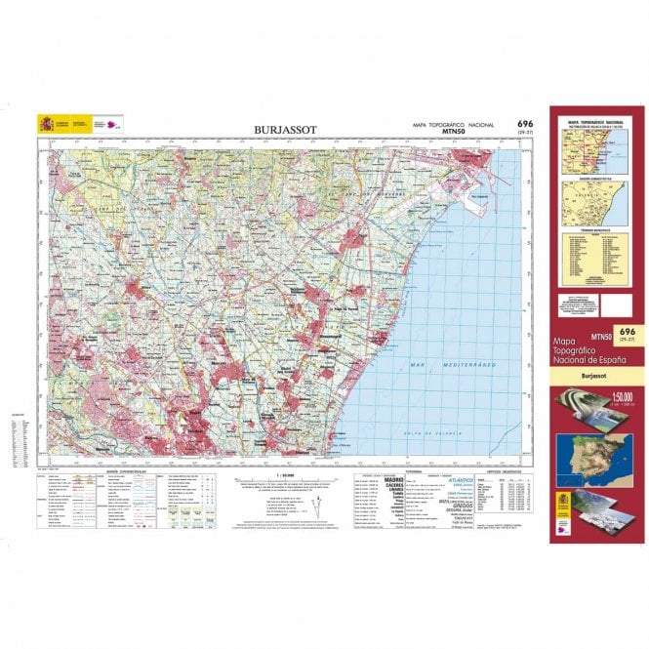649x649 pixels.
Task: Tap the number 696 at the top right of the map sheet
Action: (x=525, y=123)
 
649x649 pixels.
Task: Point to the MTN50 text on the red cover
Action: (x=600, y=338)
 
